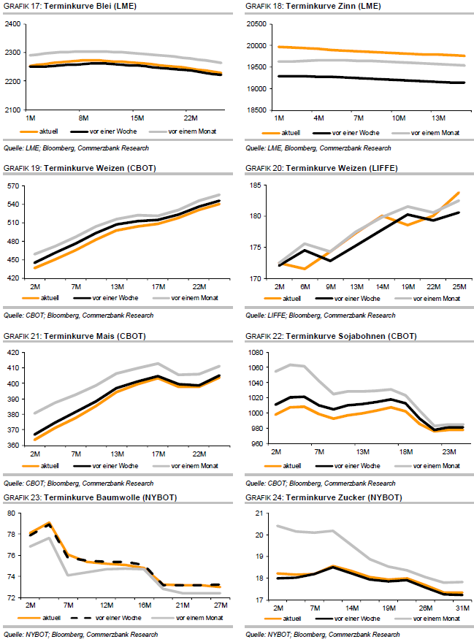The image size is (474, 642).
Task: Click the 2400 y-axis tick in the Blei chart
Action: [x=13, y=24]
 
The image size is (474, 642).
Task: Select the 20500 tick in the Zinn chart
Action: [x=256, y=24]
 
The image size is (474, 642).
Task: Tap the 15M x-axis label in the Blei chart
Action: [x=137, y=117]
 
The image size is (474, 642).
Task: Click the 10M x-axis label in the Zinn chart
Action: [x=399, y=117]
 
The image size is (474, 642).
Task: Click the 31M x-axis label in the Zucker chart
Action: [x=452, y=607]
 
